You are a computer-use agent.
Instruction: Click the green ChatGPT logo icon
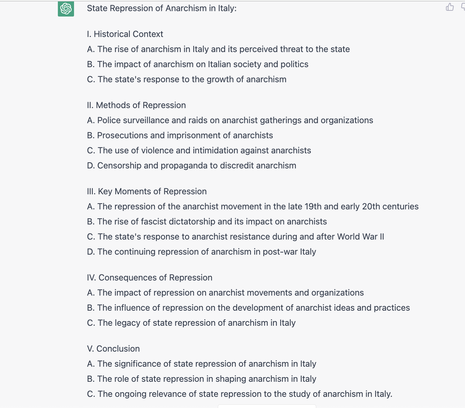pyautogui.click(x=66, y=9)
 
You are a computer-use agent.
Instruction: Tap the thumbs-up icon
pyautogui.click(x=450, y=7)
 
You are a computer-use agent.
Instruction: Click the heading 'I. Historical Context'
pyautogui.click(x=125, y=34)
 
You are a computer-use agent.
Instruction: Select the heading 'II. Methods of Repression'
pyautogui.click(x=136, y=105)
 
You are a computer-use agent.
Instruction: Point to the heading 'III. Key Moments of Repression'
pyautogui.click(x=147, y=191)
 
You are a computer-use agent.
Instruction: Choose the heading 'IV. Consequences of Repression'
pyautogui.click(x=149, y=278)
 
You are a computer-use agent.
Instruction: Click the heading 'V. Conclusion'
pyautogui.click(x=113, y=349)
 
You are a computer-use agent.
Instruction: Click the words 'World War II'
pyautogui.click(x=362, y=237)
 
